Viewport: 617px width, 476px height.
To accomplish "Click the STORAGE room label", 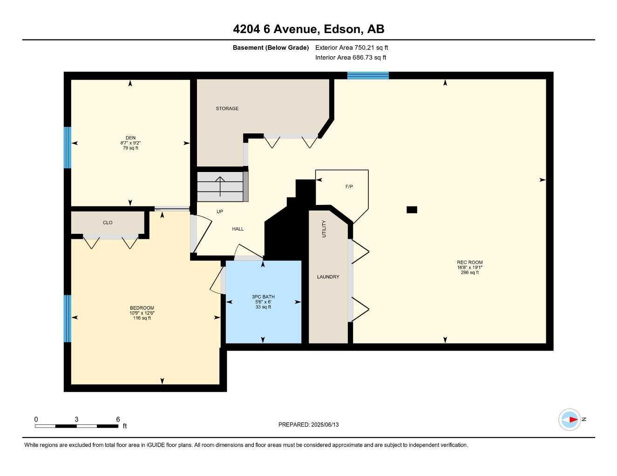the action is point(227,108).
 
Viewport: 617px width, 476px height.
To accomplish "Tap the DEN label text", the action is point(130,138).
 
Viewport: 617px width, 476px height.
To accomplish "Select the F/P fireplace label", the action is point(349,186).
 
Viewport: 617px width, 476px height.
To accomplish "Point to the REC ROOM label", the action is point(470,262).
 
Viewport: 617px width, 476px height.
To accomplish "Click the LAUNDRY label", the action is point(328,277).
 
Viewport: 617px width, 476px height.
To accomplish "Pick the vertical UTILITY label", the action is point(324,229).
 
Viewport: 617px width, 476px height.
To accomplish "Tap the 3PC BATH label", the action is point(263,297).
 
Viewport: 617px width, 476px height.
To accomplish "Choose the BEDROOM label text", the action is point(142,308).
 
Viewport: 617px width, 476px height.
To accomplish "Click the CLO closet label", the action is point(108,223).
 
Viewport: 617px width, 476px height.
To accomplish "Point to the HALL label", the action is point(237,229).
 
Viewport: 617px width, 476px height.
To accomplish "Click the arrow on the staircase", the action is point(220,186).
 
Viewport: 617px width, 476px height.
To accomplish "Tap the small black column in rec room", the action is point(412,210).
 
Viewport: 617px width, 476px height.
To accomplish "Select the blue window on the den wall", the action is point(68,148).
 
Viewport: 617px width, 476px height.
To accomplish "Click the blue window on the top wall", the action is point(368,75).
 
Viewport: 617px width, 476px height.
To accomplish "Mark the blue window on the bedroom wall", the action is point(68,318).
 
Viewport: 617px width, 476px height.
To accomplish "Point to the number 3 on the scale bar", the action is point(76,419).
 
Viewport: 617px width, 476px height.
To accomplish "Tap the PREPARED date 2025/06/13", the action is point(325,425).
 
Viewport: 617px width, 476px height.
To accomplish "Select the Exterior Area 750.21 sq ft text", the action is point(352,47).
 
